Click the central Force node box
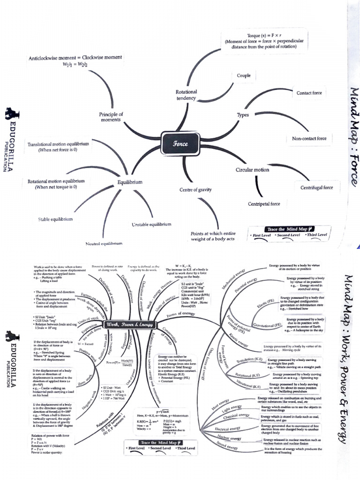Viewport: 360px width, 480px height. pos(180,143)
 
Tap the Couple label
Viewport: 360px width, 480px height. pos(243,75)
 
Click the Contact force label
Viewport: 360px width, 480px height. pos(309,93)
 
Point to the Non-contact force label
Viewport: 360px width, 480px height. pos(309,139)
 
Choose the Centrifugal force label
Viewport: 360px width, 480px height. pos(316,187)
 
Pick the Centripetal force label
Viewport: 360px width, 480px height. pos(264,204)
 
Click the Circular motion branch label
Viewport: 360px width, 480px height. pos(252,170)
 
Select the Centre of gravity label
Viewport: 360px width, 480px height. pos(195,190)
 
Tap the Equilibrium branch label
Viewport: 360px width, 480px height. pos(130,181)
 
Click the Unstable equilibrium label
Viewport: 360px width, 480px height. pos(151,225)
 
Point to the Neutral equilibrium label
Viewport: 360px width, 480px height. pos(104,244)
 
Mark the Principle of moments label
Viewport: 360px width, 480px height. pos(111,117)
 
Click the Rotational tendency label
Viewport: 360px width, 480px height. pos(186,95)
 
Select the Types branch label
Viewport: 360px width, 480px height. pos(243,115)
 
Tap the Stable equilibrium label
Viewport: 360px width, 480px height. pos(55,219)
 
